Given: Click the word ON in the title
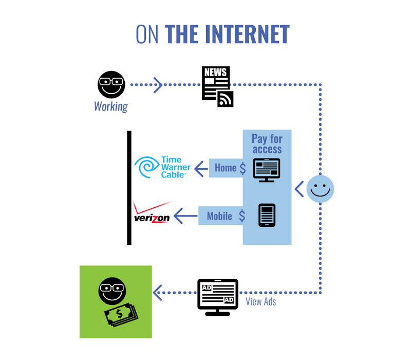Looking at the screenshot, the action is coord(147,34).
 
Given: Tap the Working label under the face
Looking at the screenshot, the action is coord(111,106).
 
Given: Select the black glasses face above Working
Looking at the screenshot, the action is coord(111,84).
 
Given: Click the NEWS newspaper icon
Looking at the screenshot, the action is coord(216,83).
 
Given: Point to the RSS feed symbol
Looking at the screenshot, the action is coord(226,99).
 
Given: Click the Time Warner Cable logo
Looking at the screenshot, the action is coord(162,167).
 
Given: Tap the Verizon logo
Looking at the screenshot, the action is coord(152,212).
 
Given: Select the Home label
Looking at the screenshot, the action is coord(226,168).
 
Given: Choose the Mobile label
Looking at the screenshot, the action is coord(219,216).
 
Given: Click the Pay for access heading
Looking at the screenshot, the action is coord(267,144).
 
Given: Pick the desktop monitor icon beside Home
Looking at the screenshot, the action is coord(267,170).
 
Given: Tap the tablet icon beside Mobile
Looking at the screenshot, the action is coord(267,215).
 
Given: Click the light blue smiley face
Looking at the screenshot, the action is coord(320,189).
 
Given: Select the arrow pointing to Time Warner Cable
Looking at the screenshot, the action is coord(201,169).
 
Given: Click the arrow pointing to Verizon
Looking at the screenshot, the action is coord(185,216).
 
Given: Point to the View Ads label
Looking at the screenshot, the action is coord(261,302).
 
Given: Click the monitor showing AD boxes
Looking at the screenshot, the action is coord(218,297).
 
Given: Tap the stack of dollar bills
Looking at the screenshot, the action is coord(121,315).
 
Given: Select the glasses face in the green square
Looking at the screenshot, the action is coord(112,291).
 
